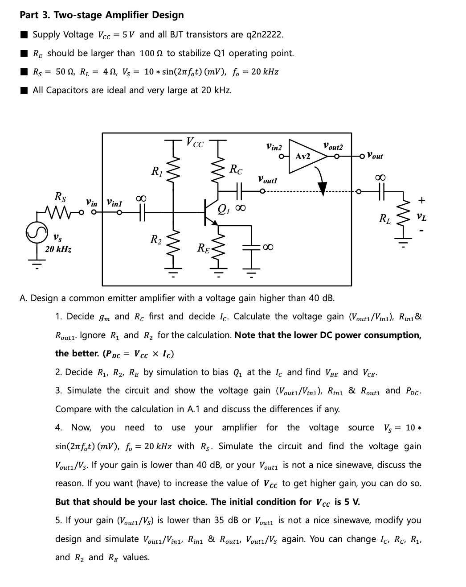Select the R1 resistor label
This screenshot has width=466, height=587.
(x=156, y=171)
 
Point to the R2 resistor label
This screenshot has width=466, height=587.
(x=155, y=240)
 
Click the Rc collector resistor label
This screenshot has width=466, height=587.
(x=236, y=169)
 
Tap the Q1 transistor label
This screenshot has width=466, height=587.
(x=224, y=209)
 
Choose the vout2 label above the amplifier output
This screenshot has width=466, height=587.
(x=333, y=146)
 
